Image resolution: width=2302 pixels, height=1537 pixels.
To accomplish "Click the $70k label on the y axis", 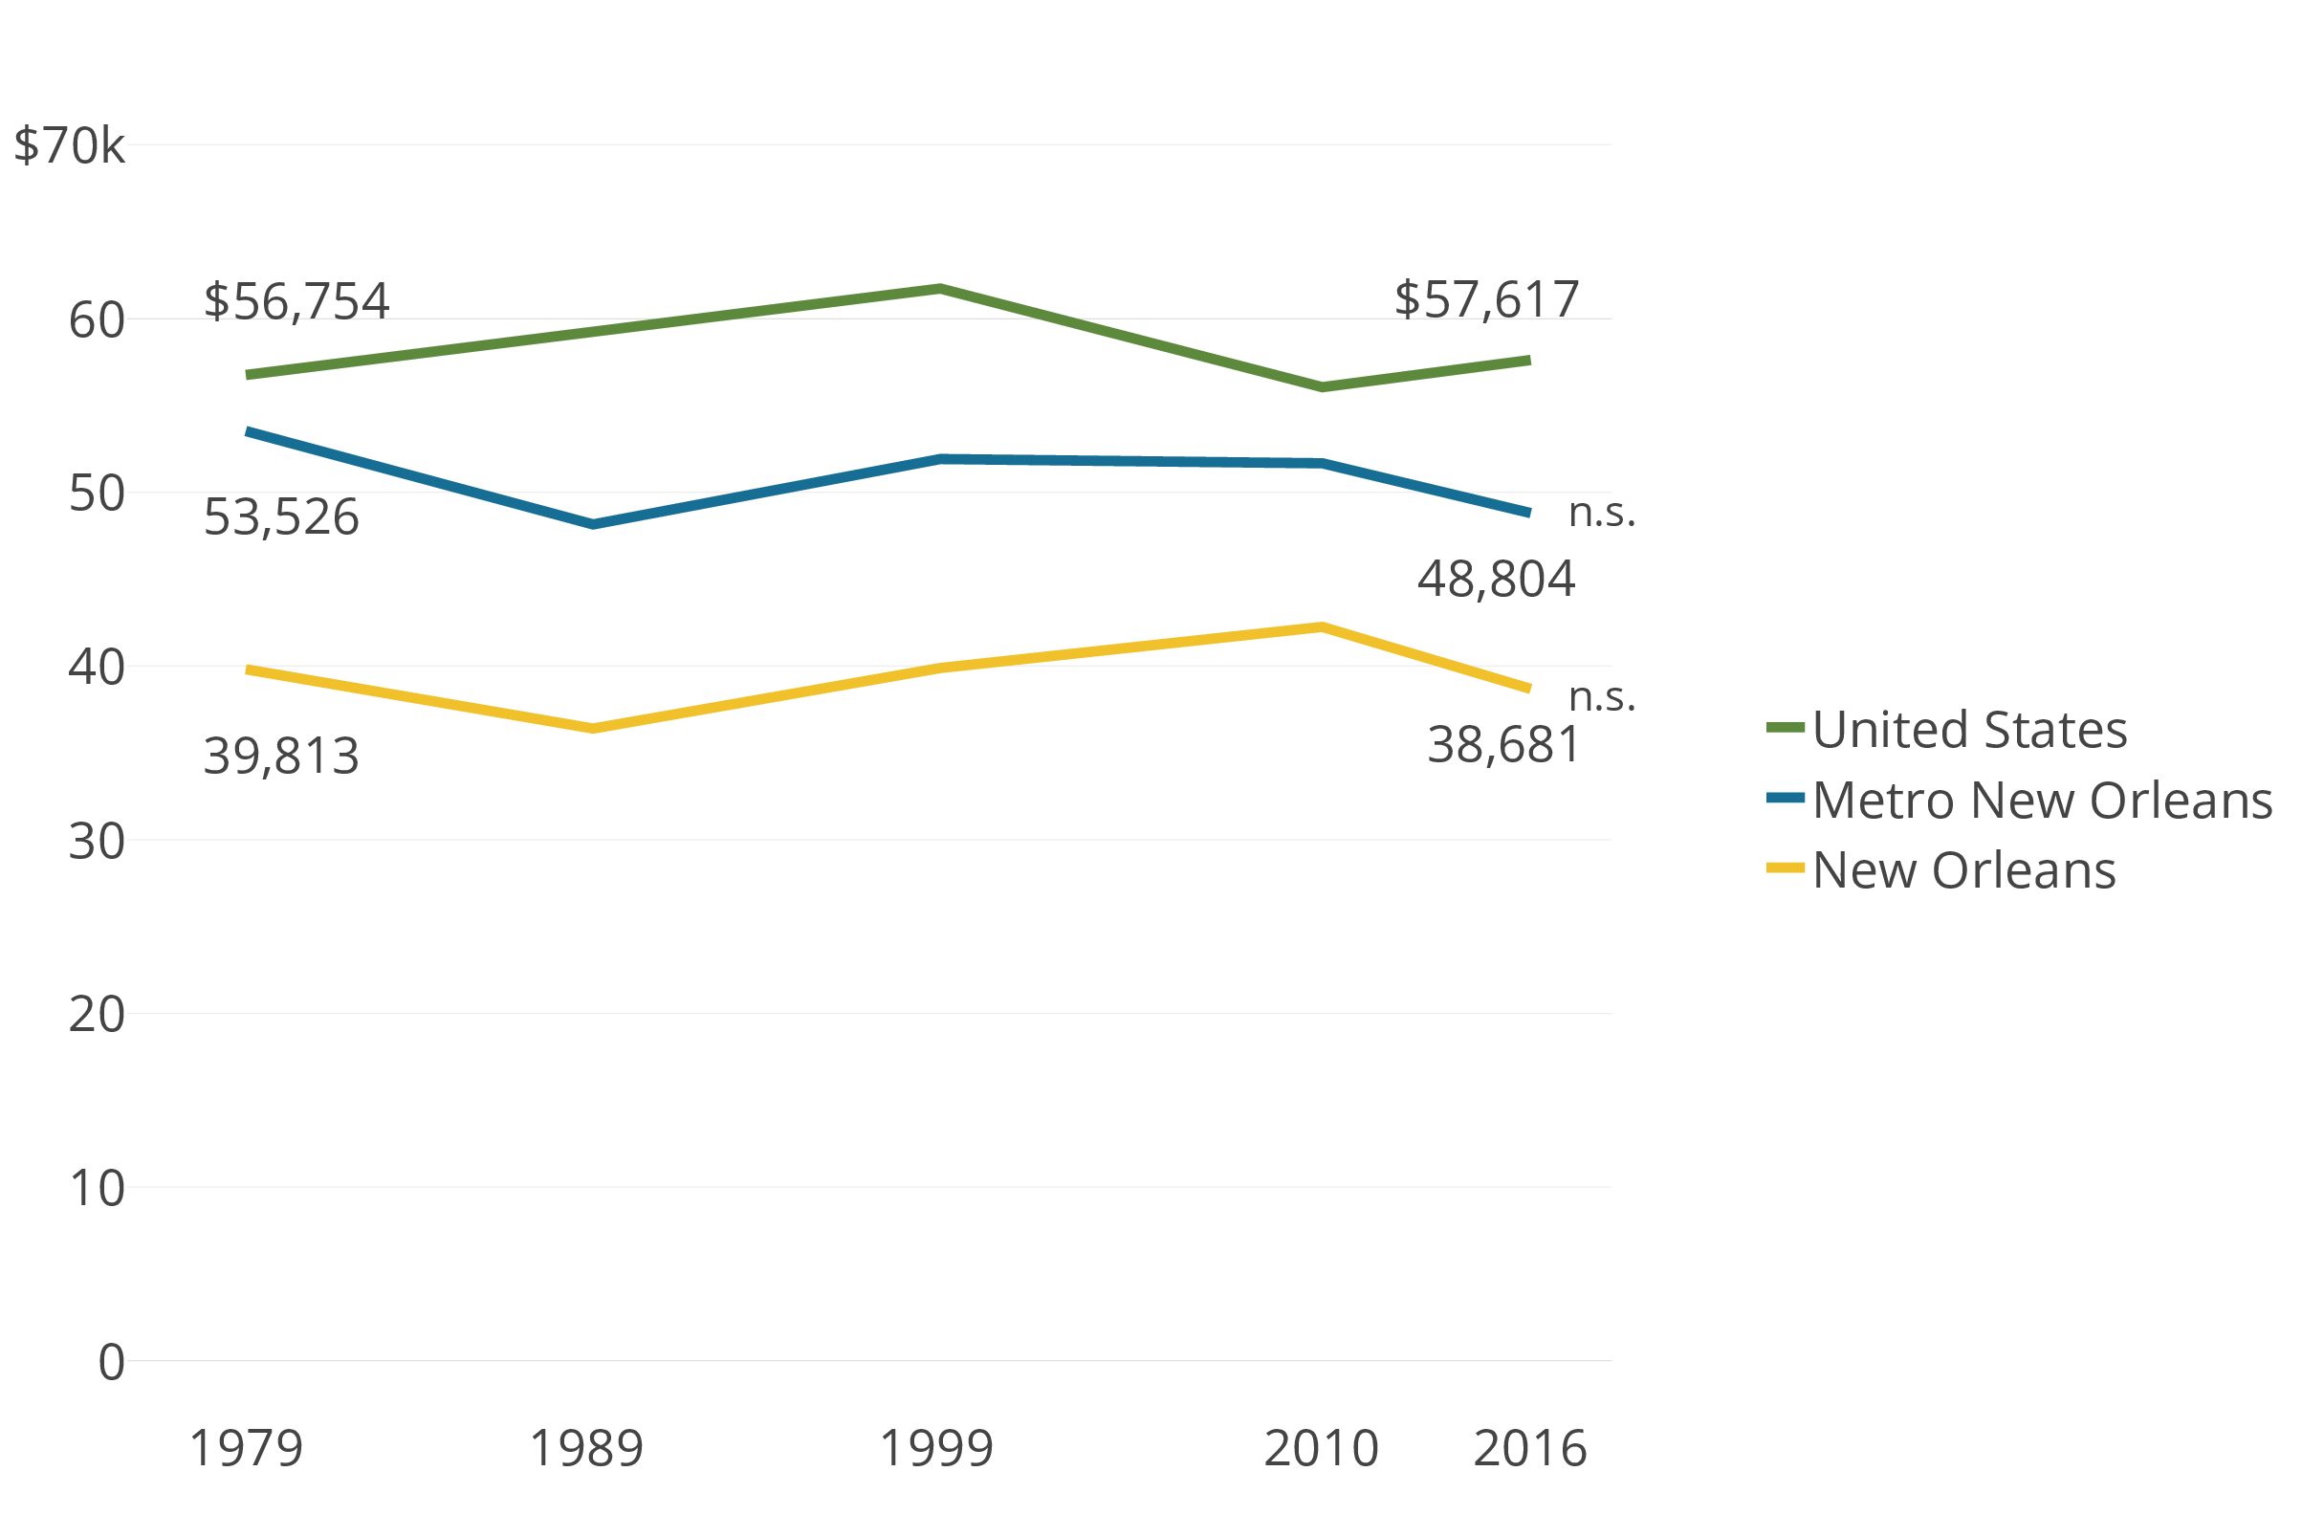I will (70, 146).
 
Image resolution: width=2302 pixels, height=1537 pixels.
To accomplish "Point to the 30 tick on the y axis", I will (96, 841).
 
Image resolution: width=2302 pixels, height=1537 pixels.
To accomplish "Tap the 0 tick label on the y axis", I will (111, 1363).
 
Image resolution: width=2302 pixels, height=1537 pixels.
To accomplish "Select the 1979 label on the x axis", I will (245, 1448).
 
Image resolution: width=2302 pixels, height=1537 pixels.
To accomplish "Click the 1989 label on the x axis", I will (586, 1448).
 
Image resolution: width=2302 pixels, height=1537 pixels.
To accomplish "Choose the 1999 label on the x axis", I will (936, 1448).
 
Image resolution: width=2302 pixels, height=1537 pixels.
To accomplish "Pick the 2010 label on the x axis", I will (1320, 1448).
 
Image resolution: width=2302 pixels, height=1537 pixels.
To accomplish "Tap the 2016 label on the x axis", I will (1529, 1448).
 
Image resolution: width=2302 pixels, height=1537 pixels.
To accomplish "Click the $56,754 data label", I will (296, 301).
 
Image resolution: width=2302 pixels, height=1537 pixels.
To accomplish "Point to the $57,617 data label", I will (1485, 299).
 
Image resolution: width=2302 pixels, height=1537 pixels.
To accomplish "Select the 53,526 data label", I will (281, 517).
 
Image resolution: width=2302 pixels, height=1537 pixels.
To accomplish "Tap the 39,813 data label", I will (281, 756).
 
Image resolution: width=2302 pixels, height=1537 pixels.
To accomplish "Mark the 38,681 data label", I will (1503, 745).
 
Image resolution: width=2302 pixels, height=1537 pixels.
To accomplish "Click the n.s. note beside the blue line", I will (1601, 512).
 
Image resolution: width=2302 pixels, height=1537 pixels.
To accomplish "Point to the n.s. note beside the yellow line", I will (1601, 696).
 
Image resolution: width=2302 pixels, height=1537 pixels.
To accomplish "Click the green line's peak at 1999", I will (939, 288).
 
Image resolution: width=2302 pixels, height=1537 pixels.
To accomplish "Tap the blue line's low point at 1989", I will (593, 524).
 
